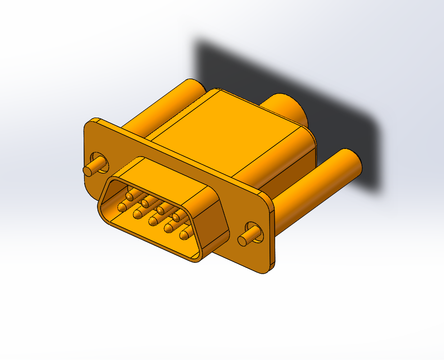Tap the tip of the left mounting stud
pos(87,170)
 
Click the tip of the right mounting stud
pos(243,240)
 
